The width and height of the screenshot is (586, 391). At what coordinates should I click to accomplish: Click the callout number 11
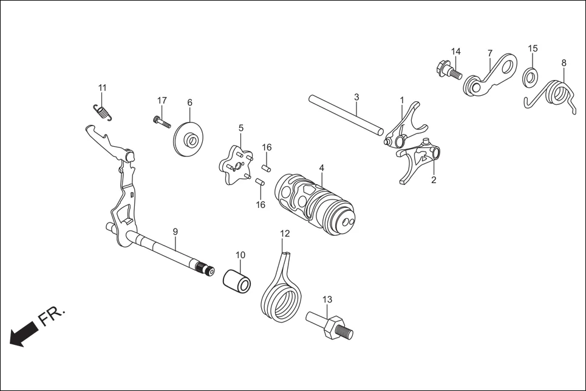pyautogui.click(x=102, y=87)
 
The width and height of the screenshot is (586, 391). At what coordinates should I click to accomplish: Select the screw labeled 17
pyautogui.click(x=161, y=121)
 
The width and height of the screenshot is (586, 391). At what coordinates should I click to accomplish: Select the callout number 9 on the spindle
pyautogui.click(x=175, y=232)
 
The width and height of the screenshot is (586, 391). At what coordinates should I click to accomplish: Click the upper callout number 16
pyautogui.click(x=267, y=147)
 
